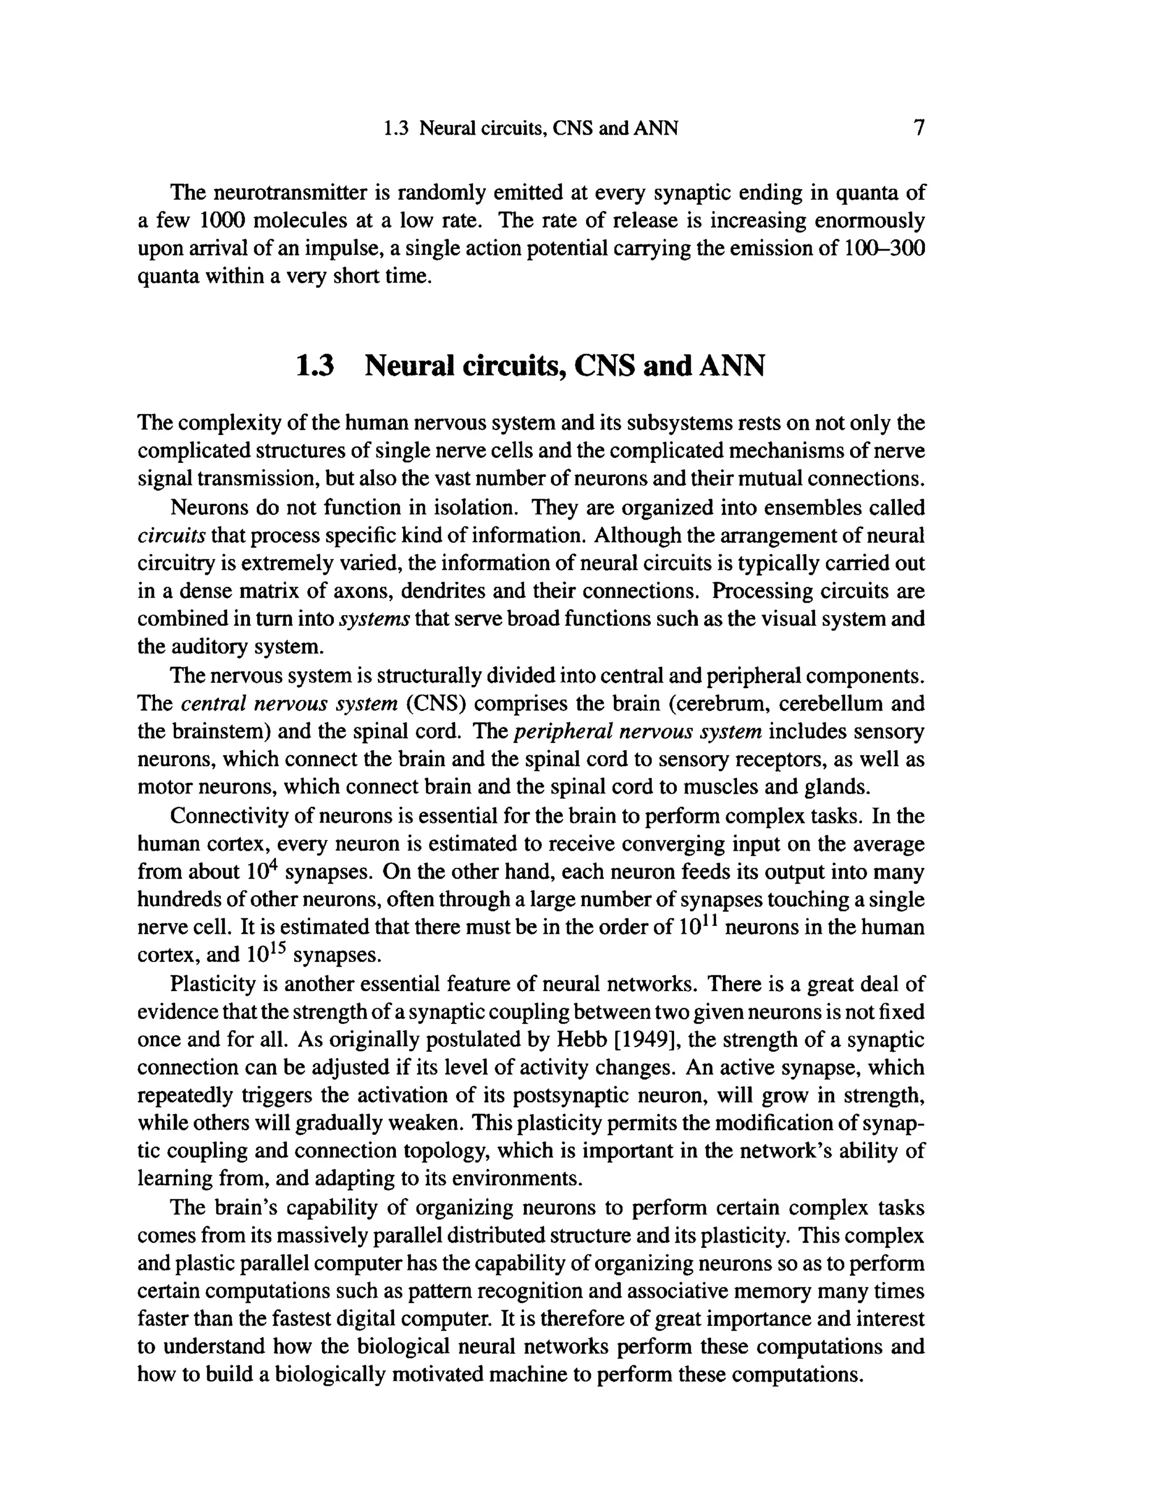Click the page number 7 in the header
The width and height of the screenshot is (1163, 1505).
point(918,128)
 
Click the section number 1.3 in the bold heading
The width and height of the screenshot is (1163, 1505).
point(315,366)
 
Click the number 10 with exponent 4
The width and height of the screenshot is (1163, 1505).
point(262,871)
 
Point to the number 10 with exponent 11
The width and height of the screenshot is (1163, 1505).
point(698,926)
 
